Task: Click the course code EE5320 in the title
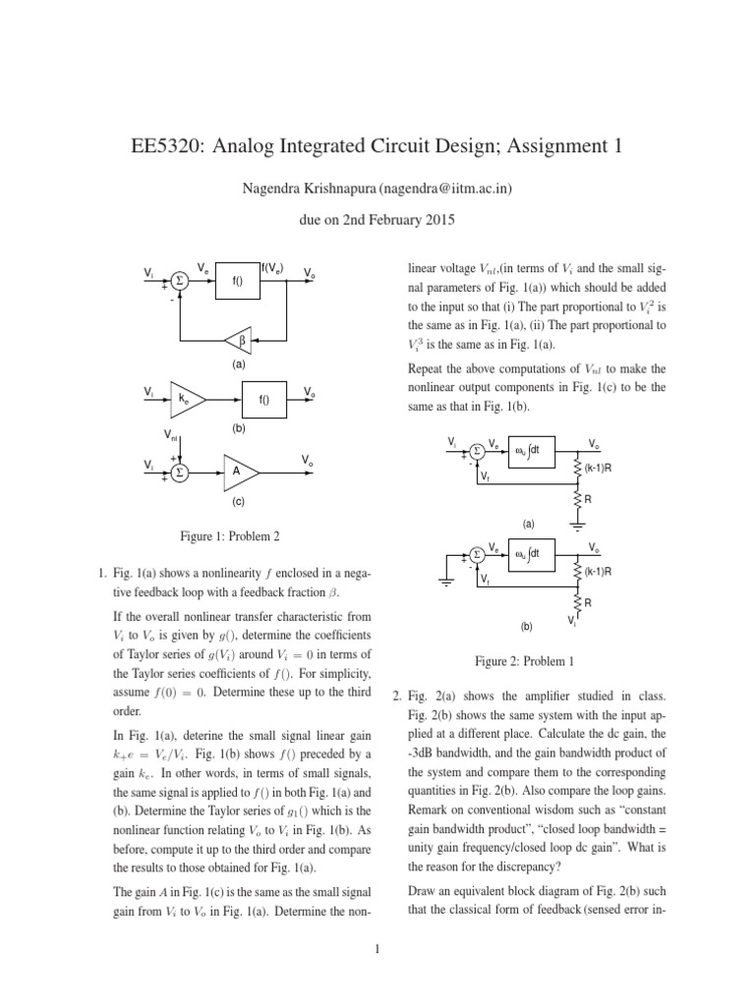(x=170, y=146)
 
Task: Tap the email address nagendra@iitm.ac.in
(x=442, y=186)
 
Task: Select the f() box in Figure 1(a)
(x=237, y=280)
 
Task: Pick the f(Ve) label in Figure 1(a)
(x=272, y=267)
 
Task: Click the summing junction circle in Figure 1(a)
(x=179, y=279)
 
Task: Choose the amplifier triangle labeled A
(x=239, y=472)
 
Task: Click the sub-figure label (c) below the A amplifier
(x=238, y=502)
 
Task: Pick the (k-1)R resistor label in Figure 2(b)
(x=601, y=571)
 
